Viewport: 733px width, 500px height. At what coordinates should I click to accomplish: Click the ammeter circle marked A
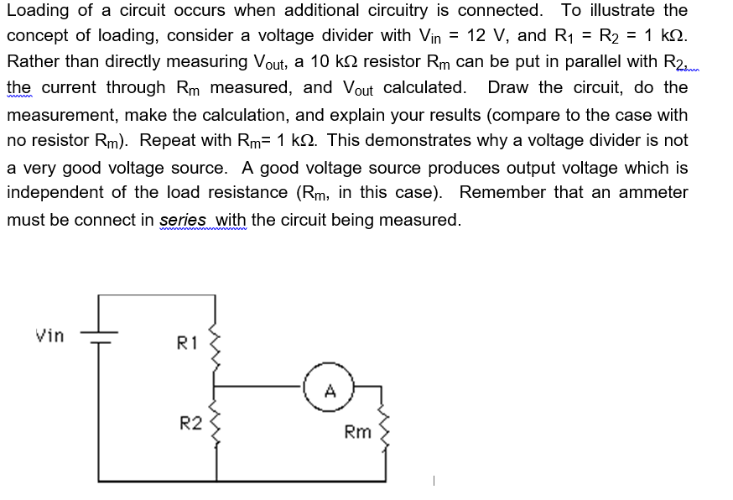pyautogui.click(x=330, y=388)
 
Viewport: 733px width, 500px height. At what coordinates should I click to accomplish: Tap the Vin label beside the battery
pyautogui.click(x=49, y=336)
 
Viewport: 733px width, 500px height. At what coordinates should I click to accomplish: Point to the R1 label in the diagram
pyautogui.click(x=186, y=342)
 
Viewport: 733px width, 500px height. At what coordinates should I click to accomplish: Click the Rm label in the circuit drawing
pyautogui.click(x=358, y=432)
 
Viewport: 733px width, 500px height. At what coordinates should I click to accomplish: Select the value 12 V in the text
pyautogui.click(x=487, y=35)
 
